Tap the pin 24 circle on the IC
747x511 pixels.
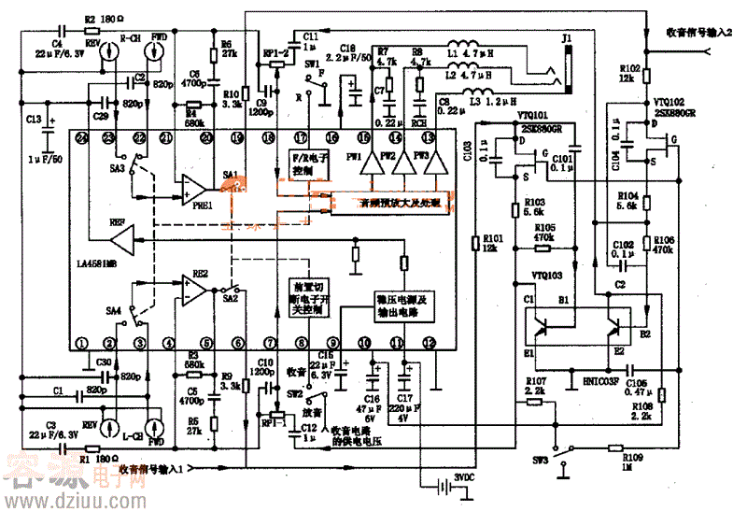tap(82, 137)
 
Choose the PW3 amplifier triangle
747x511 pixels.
tap(432, 164)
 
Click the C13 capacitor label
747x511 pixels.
tap(35, 120)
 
